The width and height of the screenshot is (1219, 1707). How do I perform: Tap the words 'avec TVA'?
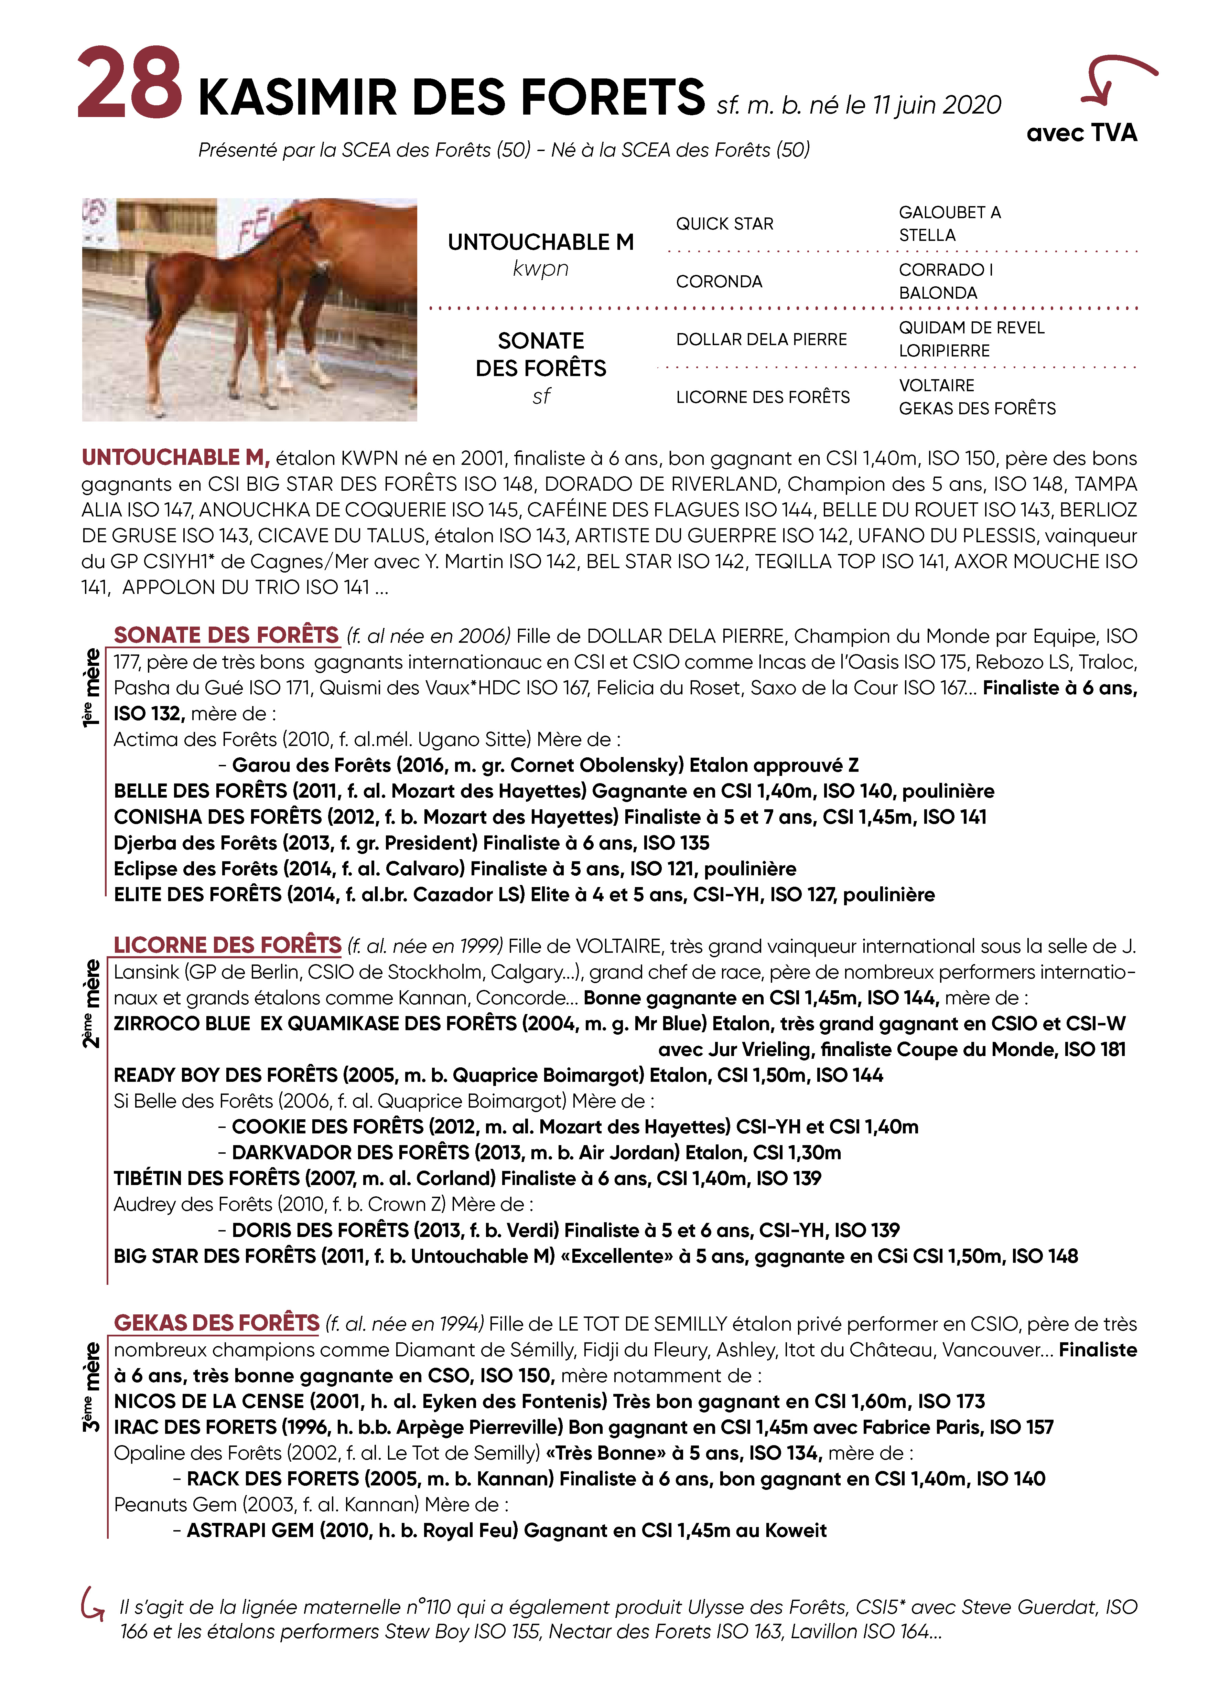pyautogui.click(x=1082, y=133)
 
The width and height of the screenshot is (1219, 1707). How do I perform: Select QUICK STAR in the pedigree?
pyautogui.click(x=724, y=224)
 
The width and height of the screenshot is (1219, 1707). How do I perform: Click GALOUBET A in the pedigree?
pyautogui.click(x=950, y=212)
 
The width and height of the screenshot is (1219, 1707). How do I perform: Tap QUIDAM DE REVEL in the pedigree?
pyautogui.click(x=971, y=327)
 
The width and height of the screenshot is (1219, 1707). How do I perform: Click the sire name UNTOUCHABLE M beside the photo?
pyautogui.click(x=540, y=243)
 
